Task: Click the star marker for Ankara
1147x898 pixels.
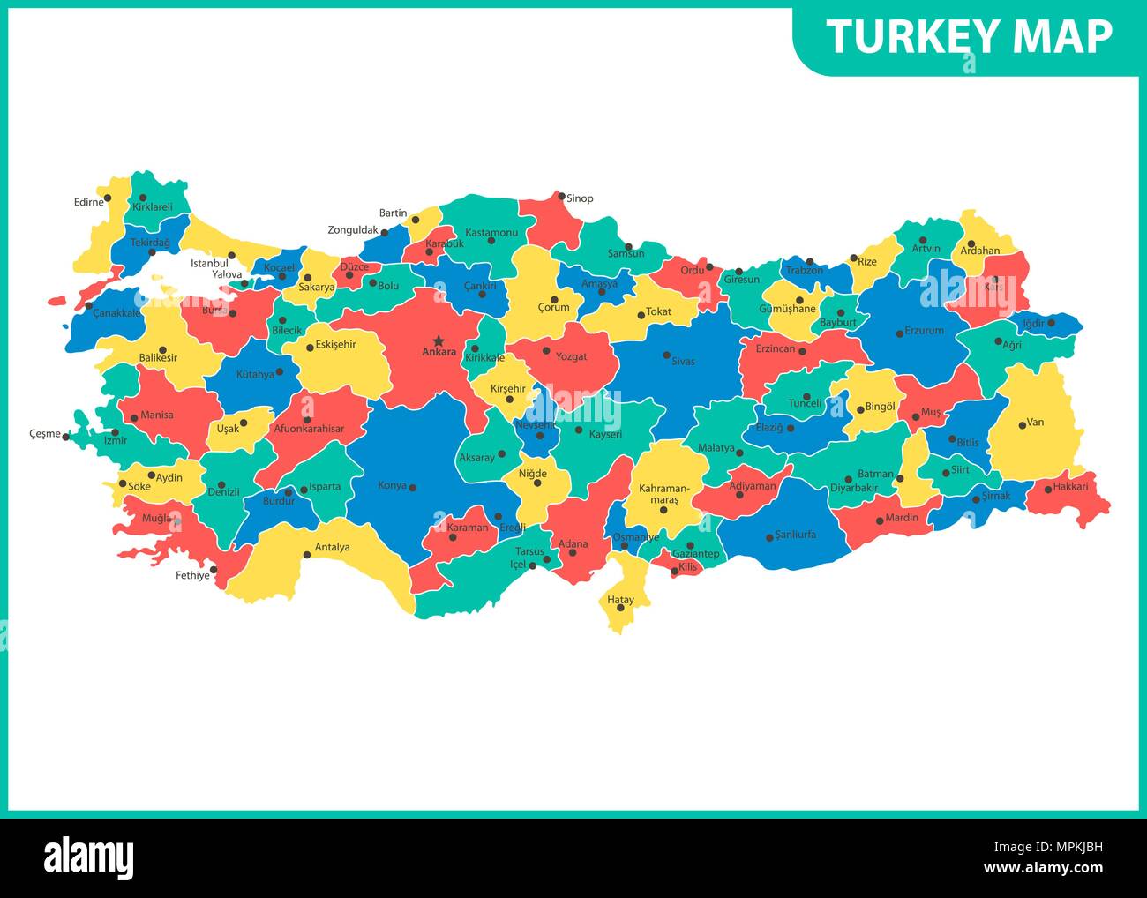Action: pyautogui.click(x=439, y=340)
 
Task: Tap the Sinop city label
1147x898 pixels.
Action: pyautogui.click(x=580, y=198)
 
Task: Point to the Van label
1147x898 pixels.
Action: pyautogui.click(x=1036, y=422)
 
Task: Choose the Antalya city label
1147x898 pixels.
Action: pyautogui.click(x=332, y=547)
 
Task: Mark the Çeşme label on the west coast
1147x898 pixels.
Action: pyautogui.click(x=44, y=434)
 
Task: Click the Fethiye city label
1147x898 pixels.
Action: pyautogui.click(x=192, y=575)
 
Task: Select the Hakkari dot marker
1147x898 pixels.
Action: pyautogui.click(x=1047, y=489)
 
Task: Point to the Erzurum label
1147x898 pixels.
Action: pyautogui.click(x=925, y=331)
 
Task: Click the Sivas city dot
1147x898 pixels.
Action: pyautogui.click(x=667, y=355)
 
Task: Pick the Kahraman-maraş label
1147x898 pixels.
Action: pyautogui.click(x=659, y=493)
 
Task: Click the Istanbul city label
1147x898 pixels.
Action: pyautogui.click(x=209, y=263)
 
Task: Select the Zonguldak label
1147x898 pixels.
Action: pyautogui.click(x=353, y=230)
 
